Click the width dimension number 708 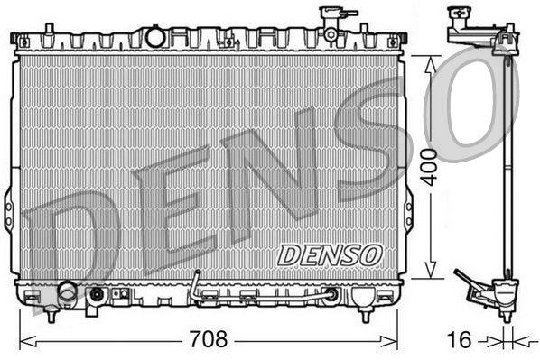point(209,341)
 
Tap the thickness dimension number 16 point(460,341)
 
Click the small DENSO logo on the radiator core point(330,254)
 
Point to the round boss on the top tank point(155,37)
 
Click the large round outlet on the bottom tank point(66,292)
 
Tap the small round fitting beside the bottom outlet point(96,294)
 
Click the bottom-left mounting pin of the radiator point(51,315)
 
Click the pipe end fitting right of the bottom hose point(332,293)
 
